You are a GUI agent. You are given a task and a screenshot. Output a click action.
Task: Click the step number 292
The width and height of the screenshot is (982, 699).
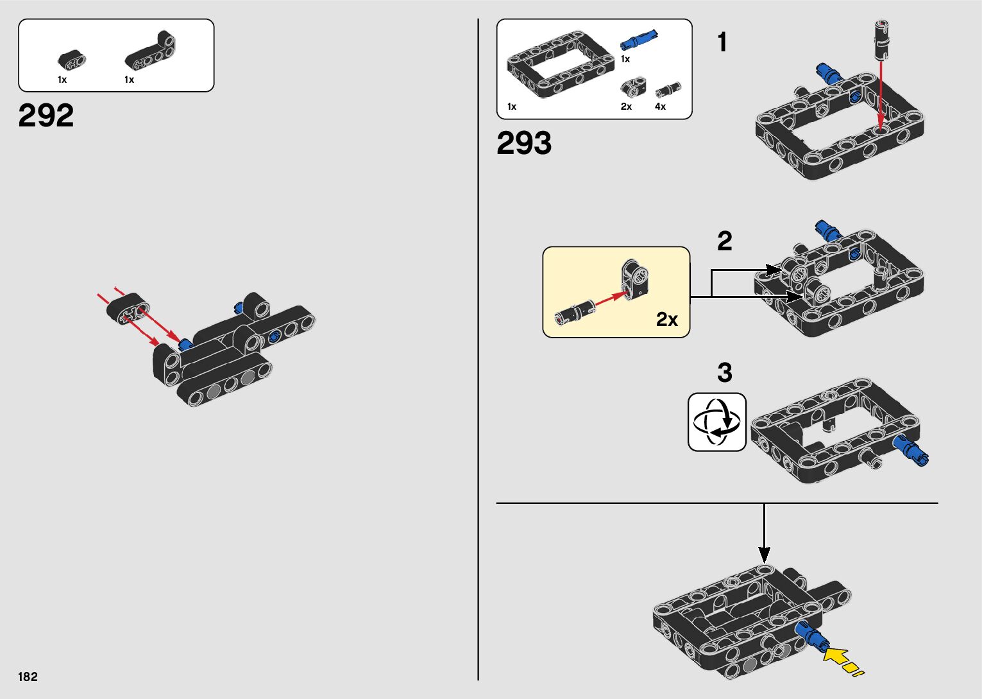[46, 116]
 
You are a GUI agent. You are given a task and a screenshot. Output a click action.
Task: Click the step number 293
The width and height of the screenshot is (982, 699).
[524, 144]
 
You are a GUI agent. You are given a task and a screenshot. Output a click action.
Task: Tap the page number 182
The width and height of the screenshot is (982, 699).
[28, 677]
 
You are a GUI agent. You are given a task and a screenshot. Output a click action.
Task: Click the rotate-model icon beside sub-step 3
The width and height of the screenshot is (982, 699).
[717, 422]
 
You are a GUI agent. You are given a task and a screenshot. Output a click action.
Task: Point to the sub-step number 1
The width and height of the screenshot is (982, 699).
[723, 43]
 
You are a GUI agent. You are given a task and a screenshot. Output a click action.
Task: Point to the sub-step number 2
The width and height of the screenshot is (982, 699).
[724, 242]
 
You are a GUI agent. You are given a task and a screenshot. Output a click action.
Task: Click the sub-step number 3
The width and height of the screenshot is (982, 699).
[724, 373]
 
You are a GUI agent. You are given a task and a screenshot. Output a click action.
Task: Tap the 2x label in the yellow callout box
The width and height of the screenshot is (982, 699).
[667, 320]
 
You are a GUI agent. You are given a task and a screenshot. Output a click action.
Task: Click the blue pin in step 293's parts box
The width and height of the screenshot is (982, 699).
[639, 40]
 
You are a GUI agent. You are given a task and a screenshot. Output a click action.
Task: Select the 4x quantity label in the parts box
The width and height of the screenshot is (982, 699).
[660, 107]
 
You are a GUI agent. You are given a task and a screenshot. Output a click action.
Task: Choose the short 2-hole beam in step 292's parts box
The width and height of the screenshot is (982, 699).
[72, 62]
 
